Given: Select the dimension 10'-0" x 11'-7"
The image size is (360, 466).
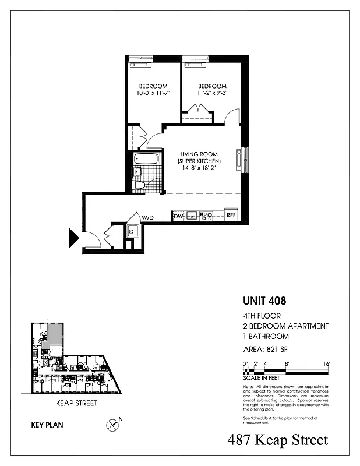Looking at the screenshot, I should (x=153, y=93).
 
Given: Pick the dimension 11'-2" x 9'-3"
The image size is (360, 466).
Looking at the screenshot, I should (x=208, y=93).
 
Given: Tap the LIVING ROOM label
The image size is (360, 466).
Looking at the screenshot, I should (x=200, y=154).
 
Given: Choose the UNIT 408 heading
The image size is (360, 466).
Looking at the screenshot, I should (x=264, y=302).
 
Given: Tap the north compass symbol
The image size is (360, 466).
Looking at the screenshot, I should (x=113, y=425).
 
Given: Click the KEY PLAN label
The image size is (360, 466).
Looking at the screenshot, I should (x=47, y=425).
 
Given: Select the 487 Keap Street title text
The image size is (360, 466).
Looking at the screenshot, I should (x=277, y=440).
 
